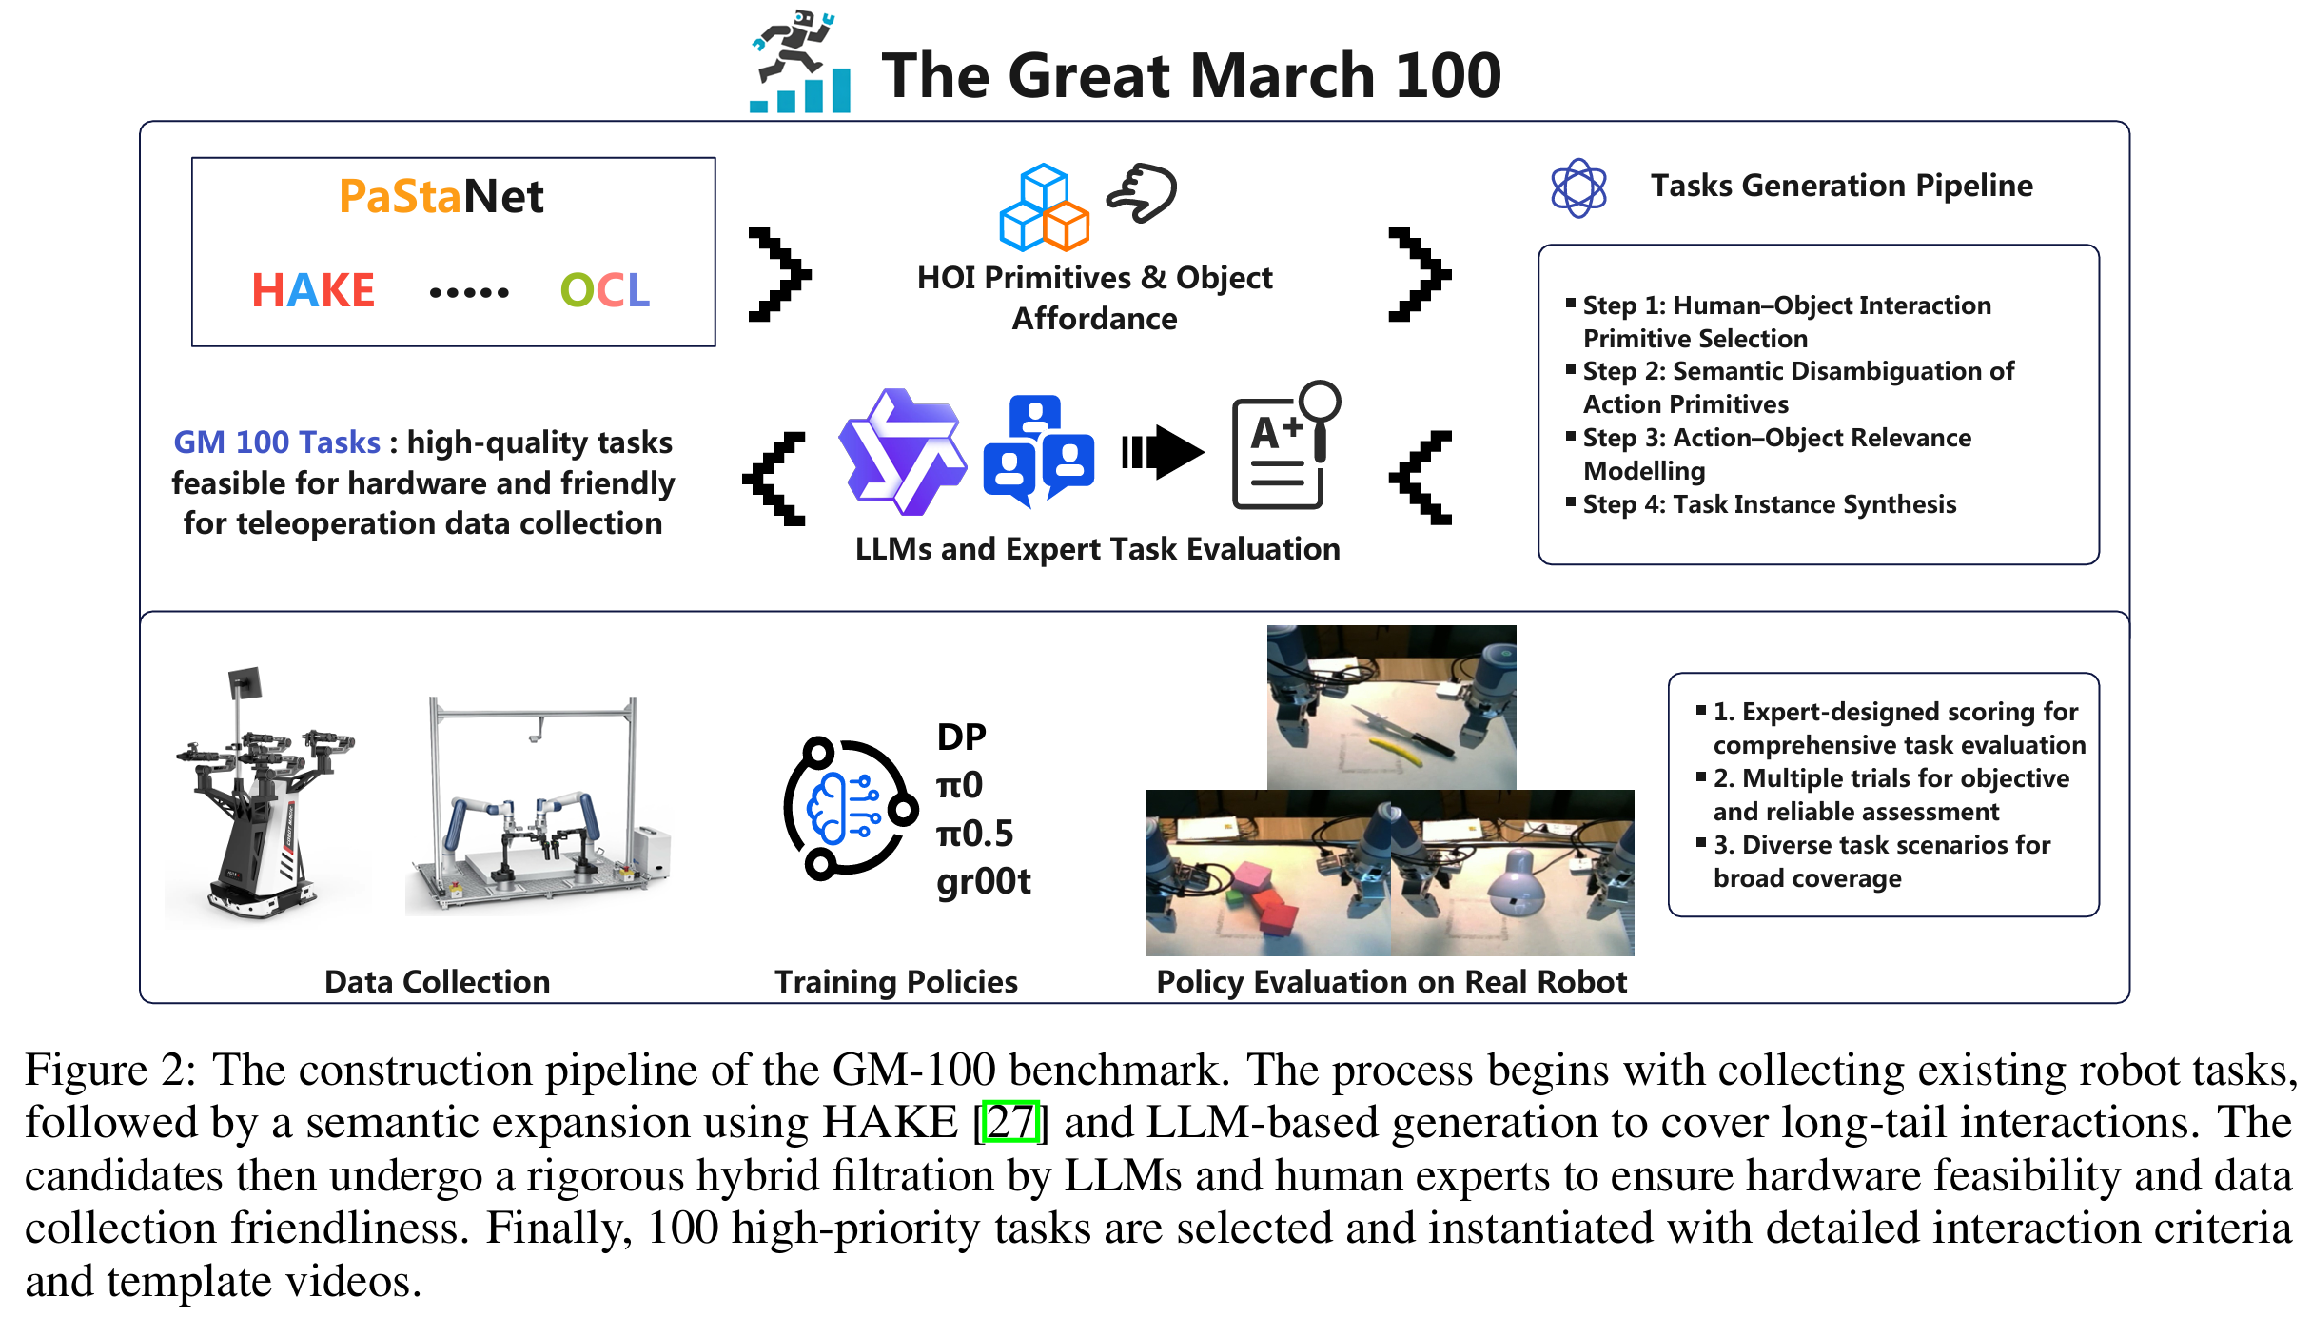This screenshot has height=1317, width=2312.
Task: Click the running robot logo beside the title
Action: [799, 62]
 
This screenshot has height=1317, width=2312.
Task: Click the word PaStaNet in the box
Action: [441, 197]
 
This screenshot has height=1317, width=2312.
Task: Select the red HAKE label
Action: [313, 290]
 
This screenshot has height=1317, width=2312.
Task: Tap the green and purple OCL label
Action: [604, 290]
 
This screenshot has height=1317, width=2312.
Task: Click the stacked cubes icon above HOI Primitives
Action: [1044, 206]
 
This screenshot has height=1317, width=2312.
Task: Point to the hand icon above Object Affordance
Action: [1143, 193]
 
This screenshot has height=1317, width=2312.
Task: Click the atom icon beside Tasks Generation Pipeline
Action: [1578, 187]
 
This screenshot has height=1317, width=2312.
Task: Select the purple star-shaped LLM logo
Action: [901, 451]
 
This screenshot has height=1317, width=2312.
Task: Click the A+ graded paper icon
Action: [1283, 446]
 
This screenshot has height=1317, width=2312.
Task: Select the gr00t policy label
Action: [983, 881]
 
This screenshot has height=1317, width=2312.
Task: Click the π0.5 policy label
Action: [974, 834]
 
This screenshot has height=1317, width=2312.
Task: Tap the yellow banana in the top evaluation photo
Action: [1395, 751]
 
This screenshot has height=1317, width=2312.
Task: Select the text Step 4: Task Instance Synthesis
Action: [1769, 504]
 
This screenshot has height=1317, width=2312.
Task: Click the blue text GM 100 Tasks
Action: [276, 442]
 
